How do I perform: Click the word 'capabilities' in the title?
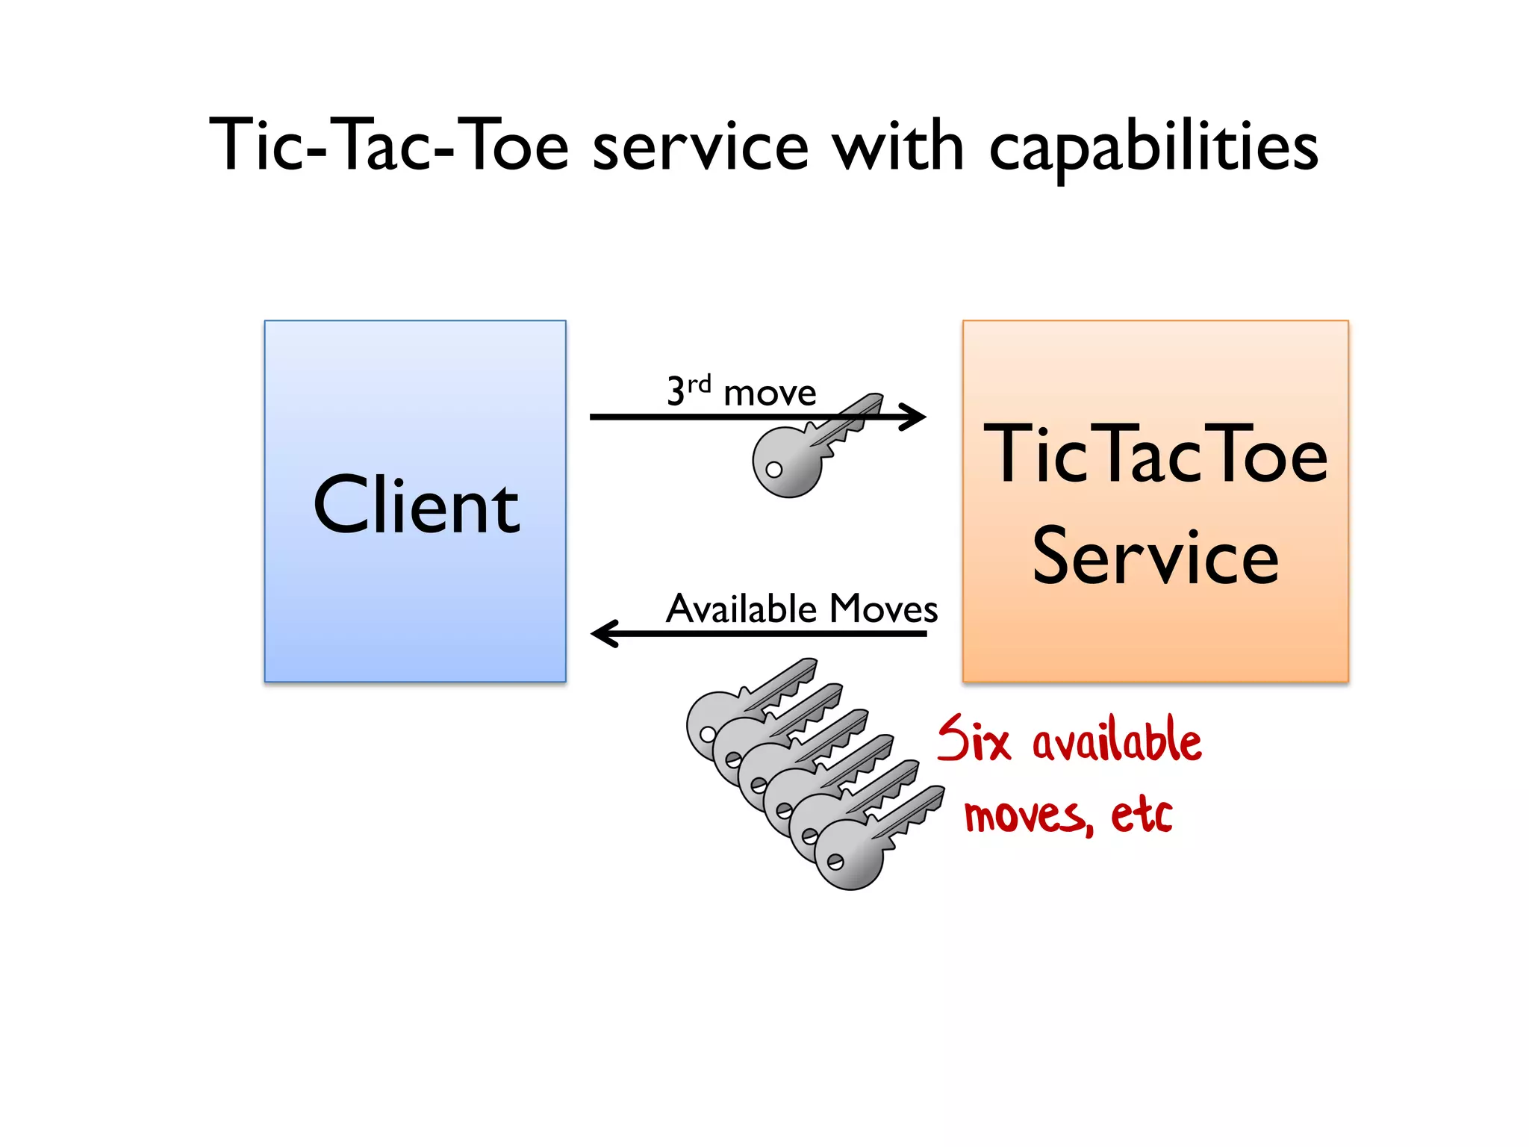1153,147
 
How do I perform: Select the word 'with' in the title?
898,146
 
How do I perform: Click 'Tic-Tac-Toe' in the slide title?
389,145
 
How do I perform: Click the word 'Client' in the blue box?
416,506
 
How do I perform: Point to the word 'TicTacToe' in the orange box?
1155,453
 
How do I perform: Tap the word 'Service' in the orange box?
1155,556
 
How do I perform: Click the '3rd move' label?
741,391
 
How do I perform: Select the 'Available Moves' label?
801,608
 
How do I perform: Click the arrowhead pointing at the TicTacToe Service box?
915,417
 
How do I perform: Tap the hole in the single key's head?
774,470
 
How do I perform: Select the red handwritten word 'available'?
1117,742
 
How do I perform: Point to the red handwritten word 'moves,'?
1028,815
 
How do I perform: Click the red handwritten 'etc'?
1142,813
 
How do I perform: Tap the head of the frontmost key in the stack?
848,856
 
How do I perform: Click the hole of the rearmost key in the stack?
707,734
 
